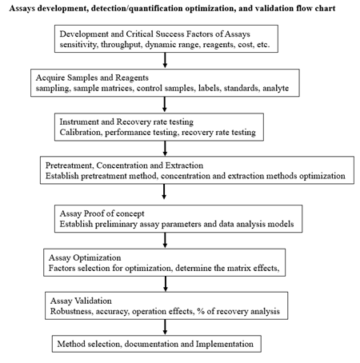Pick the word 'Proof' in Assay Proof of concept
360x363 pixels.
coord(94,213)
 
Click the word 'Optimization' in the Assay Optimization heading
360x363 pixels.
coord(97,257)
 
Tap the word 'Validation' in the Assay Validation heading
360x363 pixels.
coord(93,301)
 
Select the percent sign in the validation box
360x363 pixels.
coord(201,311)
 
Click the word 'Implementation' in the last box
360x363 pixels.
coord(225,344)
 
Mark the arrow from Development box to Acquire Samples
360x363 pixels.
coord(165,60)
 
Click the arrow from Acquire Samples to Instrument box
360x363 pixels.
coord(165,104)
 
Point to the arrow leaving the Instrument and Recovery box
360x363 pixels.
coord(165,148)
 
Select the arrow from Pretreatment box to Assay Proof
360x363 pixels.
coord(164,192)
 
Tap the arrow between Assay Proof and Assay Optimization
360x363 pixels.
coord(165,240)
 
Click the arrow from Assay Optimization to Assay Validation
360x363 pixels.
coord(166,284)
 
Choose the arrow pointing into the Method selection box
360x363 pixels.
coord(165,327)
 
